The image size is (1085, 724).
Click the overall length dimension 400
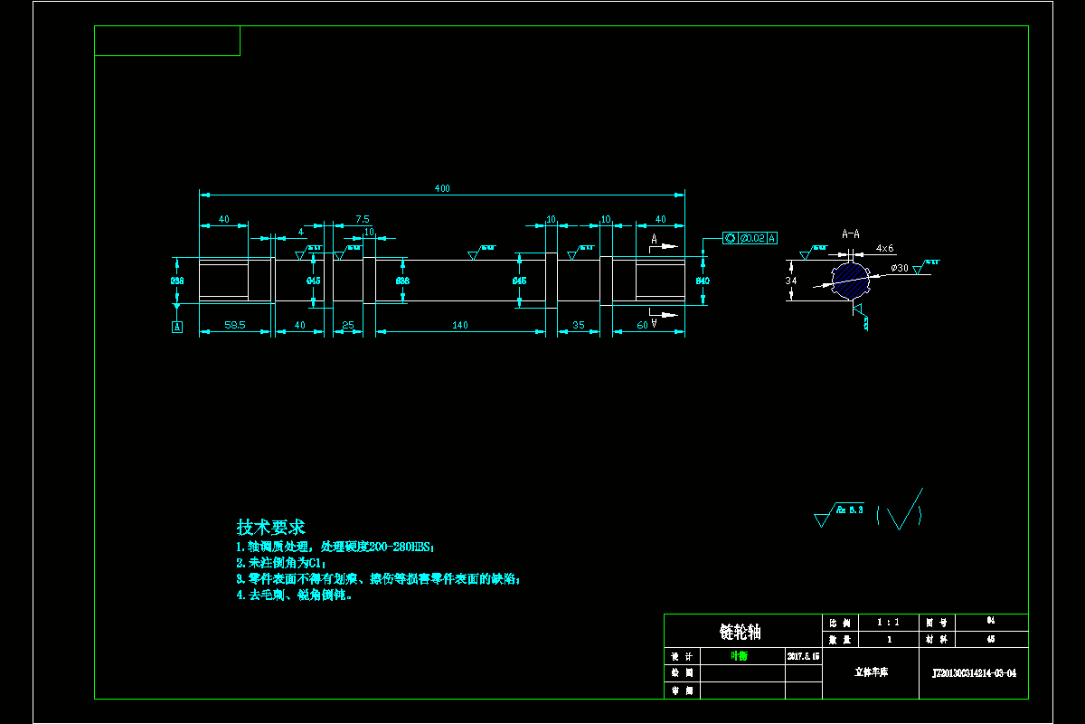[x=442, y=188]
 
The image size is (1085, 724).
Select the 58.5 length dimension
[x=235, y=325]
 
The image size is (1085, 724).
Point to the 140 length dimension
[x=460, y=325]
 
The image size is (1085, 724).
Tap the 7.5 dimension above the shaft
[x=362, y=219]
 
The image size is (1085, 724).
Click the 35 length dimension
[x=579, y=325]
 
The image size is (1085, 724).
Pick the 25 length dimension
[x=348, y=325]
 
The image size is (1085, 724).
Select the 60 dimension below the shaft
[x=642, y=325]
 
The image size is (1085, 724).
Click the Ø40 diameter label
[x=702, y=281]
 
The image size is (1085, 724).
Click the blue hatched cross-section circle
[x=849, y=280]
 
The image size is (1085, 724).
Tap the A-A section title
[x=850, y=233]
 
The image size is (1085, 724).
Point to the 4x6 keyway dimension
[x=884, y=248]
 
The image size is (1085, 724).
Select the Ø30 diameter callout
[x=900, y=268]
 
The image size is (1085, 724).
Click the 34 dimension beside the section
[x=791, y=281]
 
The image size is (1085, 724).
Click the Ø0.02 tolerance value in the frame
[x=752, y=238]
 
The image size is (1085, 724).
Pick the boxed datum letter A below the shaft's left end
[x=177, y=327]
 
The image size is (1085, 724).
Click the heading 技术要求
[x=270, y=527]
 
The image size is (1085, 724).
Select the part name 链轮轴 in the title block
[x=741, y=632]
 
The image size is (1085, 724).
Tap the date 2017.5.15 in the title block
[x=803, y=655]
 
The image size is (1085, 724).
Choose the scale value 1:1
[x=889, y=623]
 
